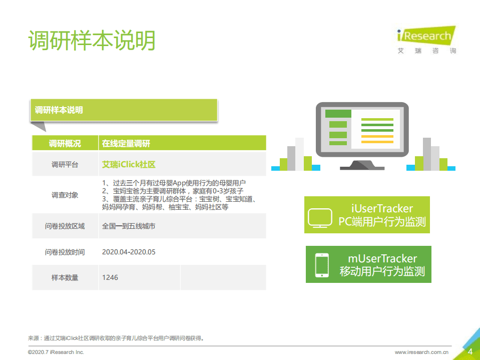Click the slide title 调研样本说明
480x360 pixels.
(x=92, y=41)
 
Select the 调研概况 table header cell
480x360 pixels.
(x=65, y=144)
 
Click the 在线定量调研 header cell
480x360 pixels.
(x=126, y=144)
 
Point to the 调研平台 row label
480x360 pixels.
(x=65, y=164)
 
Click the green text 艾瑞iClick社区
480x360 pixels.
(x=129, y=164)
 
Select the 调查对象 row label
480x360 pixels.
(x=65, y=195)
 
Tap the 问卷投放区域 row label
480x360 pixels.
(x=65, y=226)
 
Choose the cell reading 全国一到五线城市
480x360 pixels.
(x=129, y=226)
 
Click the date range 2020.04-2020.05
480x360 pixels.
(x=129, y=252)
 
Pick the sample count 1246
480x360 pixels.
(x=110, y=277)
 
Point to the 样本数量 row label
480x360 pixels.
(x=65, y=277)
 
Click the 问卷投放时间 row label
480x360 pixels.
(x=65, y=252)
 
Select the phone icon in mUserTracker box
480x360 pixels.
(x=321, y=265)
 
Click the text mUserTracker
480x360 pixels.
(x=382, y=259)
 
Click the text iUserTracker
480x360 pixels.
(x=382, y=209)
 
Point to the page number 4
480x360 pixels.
(x=470, y=351)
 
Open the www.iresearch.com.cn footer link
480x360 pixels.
(x=421, y=352)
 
